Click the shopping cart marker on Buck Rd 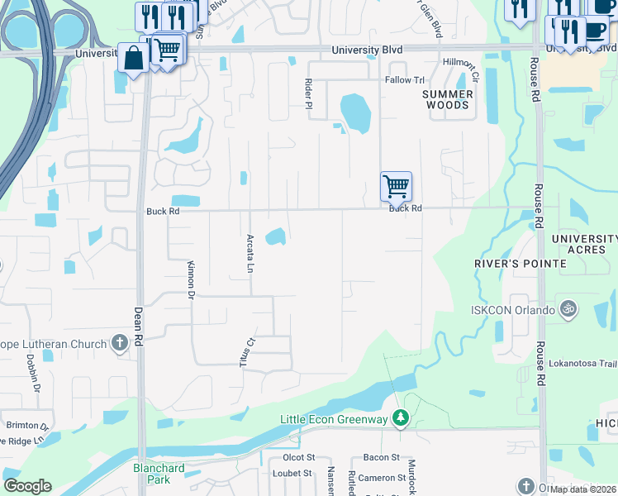pos(397,186)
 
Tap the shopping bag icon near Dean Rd pos(133,59)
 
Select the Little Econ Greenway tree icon pos(401,419)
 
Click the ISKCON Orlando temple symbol pos(568,310)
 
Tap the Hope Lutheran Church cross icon pos(120,343)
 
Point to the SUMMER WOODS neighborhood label pos(447,100)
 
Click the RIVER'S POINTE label pos(521,264)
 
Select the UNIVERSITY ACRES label pos(584,244)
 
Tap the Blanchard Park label pos(158,473)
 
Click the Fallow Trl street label pos(404,80)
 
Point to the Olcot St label pos(299,457)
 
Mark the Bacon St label pos(381,457)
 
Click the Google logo pos(27,486)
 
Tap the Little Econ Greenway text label pos(334,419)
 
